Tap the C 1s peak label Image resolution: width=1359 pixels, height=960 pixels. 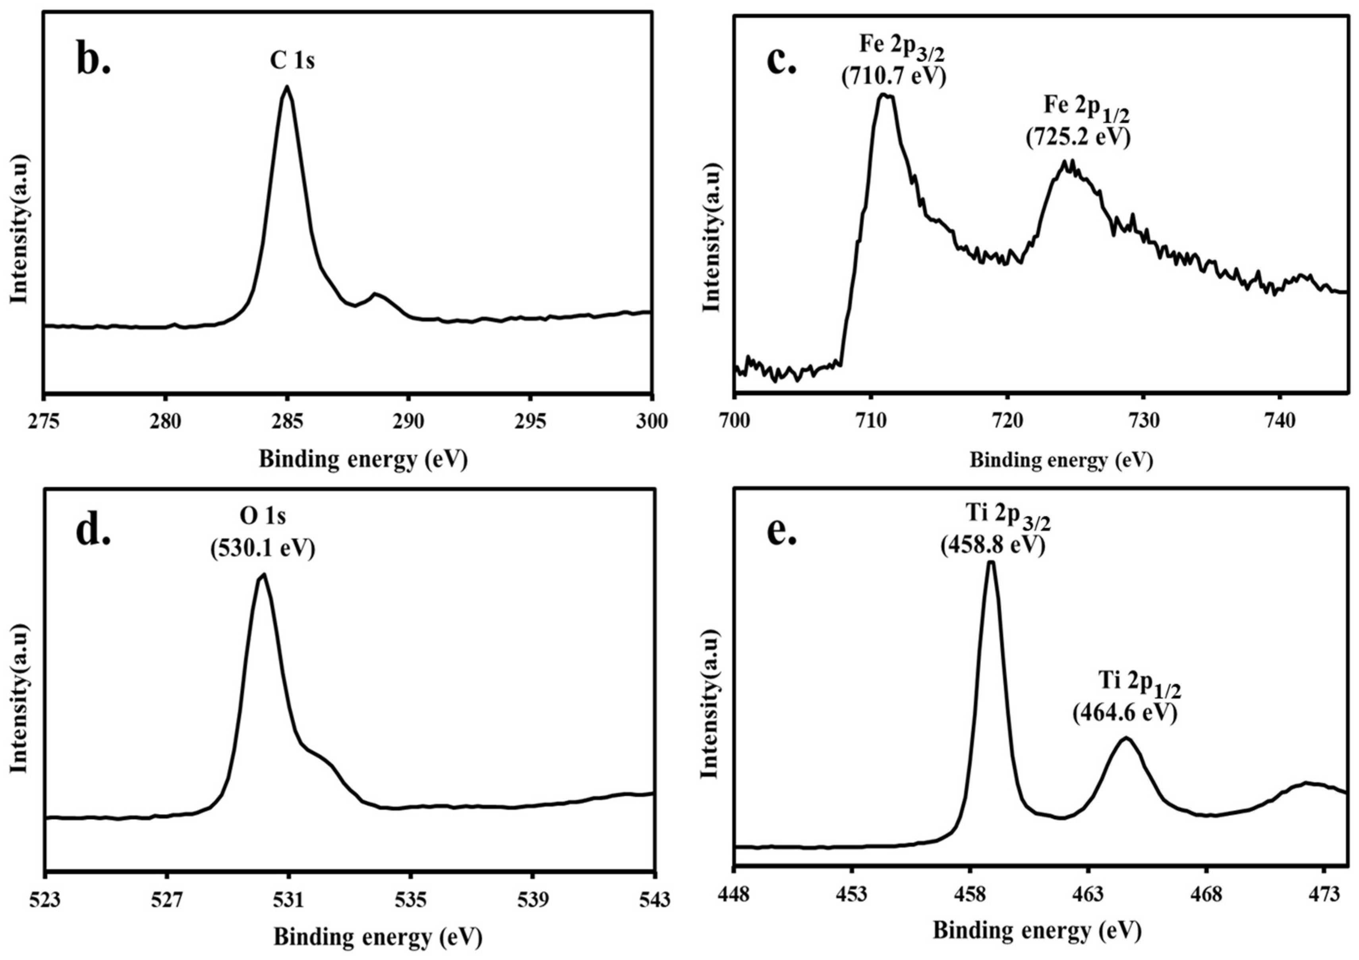[x=292, y=61]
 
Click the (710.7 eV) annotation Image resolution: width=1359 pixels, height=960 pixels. [x=894, y=77]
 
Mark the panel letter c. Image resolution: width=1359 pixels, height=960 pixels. [x=781, y=61]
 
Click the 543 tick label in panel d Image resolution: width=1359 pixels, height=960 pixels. [x=654, y=900]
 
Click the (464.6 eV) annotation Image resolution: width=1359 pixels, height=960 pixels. [x=1125, y=713]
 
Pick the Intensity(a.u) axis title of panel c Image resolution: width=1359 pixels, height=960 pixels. [x=712, y=237]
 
